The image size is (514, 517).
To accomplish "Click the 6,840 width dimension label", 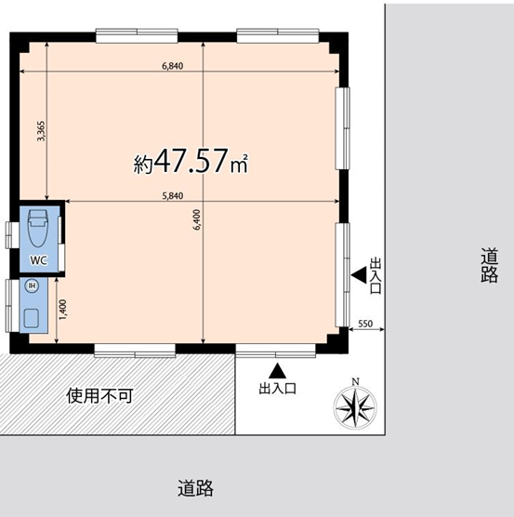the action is pyautogui.click(x=172, y=66).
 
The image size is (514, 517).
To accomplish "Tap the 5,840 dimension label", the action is pyautogui.click(x=172, y=196).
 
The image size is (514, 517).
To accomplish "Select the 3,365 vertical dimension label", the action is pyautogui.click(x=41, y=131).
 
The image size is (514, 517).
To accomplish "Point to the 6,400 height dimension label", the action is pyautogui.click(x=197, y=219).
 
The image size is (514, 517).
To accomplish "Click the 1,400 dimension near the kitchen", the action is pyautogui.click(x=62, y=310).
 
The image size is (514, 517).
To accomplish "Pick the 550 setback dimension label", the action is pyautogui.click(x=365, y=324).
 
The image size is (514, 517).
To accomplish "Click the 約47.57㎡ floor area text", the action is pyautogui.click(x=191, y=162).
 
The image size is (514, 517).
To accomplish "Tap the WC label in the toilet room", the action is pyautogui.click(x=39, y=260).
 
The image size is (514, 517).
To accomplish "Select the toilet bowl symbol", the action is pyautogui.click(x=37, y=228).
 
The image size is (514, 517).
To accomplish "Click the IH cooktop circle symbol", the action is pyautogui.click(x=32, y=285).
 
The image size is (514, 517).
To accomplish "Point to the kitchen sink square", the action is pyautogui.click(x=32, y=318).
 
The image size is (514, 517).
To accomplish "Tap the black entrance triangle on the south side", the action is pyautogui.click(x=277, y=371).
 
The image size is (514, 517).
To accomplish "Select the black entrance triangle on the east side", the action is pyautogui.click(x=359, y=275).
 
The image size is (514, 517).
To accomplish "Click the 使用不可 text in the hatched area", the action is pyautogui.click(x=99, y=396).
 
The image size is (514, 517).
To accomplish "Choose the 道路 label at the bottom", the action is pyautogui.click(x=195, y=488).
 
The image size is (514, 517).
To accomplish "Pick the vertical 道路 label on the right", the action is pyautogui.click(x=489, y=266).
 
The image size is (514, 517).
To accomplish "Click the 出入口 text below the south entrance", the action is pyautogui.click(x=277, y=389).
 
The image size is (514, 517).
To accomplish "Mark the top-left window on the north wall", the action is pyautogui.click(x=137, y=35).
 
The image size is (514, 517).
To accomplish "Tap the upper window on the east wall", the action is pyautogui.click(x=343, y=128).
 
